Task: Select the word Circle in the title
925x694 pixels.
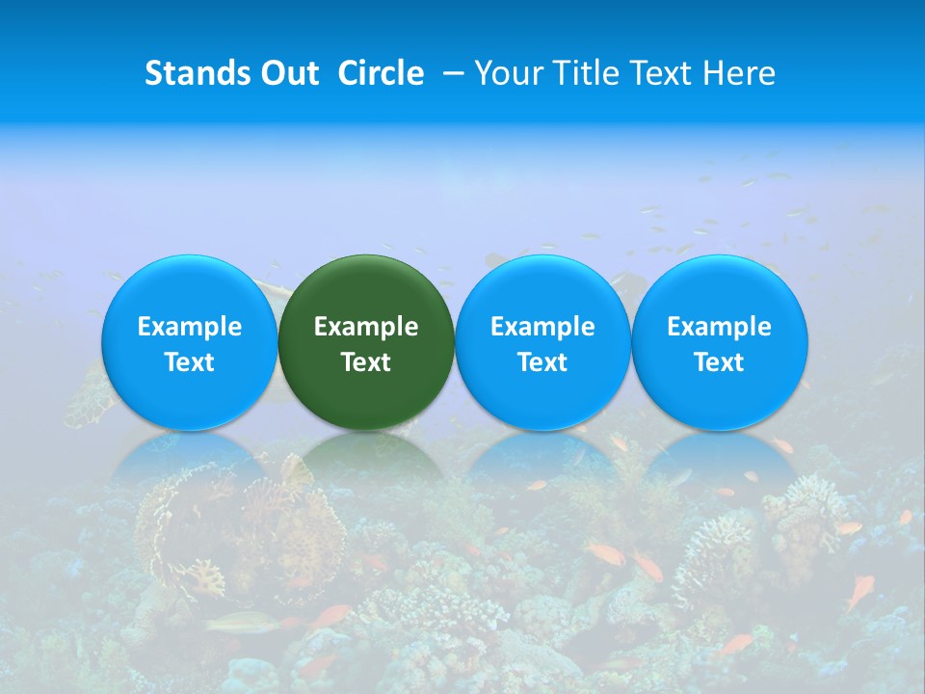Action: coord(381,73)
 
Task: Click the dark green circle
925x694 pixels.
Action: coord(366,289)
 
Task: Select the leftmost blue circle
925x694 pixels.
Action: coord(189,289)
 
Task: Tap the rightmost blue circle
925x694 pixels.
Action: coord(720,289)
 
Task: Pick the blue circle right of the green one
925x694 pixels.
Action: coord(542,289)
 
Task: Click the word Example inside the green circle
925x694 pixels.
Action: coord(366,327)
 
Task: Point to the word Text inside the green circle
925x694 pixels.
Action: coord(366,362)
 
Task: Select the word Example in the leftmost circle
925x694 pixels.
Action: coord(189,327)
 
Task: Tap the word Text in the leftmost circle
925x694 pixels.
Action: coord(189,362)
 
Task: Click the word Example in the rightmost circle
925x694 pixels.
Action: coord(720,327)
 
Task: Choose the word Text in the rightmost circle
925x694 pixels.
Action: coord(720,362)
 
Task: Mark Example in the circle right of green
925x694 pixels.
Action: coord(542,327)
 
